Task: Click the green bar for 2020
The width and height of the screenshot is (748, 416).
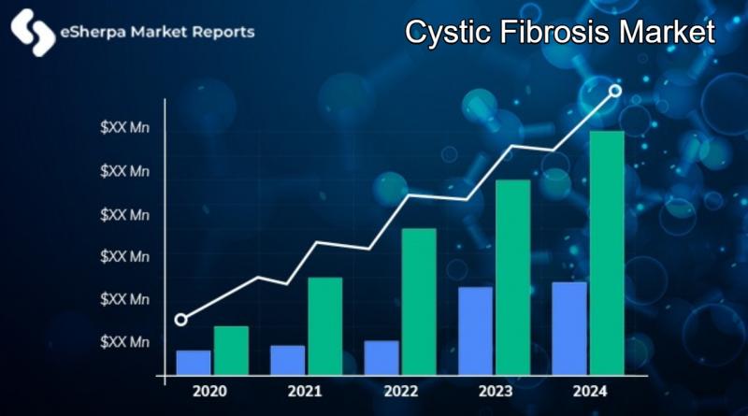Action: [231, 351]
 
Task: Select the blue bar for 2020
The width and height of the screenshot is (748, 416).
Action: [194, 363]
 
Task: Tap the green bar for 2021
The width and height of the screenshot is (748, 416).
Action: [324, 326]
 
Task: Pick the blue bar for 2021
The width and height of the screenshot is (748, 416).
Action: [288, 361]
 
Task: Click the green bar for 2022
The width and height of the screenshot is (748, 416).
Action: [419, 302]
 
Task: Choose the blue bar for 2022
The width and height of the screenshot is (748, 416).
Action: [381, 358]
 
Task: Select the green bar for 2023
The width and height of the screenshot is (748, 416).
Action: [512, 278]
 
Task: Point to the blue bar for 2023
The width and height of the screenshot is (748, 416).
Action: [476, 331]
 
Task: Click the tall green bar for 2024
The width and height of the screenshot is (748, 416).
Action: [607, 253]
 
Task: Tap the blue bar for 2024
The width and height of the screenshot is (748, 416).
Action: [569, 329]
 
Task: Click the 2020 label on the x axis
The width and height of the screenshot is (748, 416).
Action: [209, 391]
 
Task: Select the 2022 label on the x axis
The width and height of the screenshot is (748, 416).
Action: [401, 391]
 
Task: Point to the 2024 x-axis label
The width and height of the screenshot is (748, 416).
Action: [590, 391]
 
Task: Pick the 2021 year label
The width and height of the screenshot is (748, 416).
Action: [305, 391]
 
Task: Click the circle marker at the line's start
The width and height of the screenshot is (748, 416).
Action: [180, 320]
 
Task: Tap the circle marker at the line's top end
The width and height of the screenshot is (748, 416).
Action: [615, 91]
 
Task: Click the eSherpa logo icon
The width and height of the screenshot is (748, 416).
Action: [33, 33]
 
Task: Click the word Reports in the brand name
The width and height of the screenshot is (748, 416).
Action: [223, 32]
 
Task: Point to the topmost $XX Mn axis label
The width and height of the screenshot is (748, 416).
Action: [124, 127]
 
